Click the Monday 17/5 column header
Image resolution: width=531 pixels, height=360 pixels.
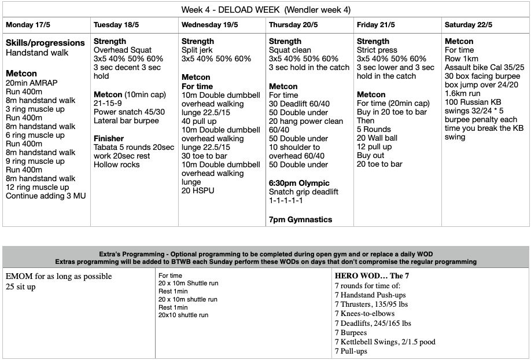click(x=27, y=25)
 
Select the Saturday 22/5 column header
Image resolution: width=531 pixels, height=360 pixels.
click(x=467, y=25)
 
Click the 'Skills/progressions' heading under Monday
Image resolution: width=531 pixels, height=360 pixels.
click(x=45, y=43)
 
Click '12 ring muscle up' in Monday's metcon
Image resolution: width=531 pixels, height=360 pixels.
click(x=38, y=187)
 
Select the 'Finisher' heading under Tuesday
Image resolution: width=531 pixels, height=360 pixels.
click(x=109, y=138)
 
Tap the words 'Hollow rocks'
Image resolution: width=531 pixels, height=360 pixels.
click(x=117, y=164)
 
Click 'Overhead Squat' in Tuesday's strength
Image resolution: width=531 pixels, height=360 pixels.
click(x=123, y=50)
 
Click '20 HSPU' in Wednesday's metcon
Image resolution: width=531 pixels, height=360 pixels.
click(x=198, y=190)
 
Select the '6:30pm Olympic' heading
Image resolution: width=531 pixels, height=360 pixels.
click(x=300, y=183)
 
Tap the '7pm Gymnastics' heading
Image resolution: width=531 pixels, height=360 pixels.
click(x=301, y=219)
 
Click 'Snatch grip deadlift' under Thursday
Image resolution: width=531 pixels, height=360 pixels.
click(x=304, y=192)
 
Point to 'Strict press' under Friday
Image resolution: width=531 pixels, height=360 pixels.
click(x=377, y=50)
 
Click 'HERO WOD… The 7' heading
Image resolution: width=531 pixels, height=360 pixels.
click(x=373, y=275)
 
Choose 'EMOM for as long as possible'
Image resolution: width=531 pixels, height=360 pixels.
click(x=59, y=276)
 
